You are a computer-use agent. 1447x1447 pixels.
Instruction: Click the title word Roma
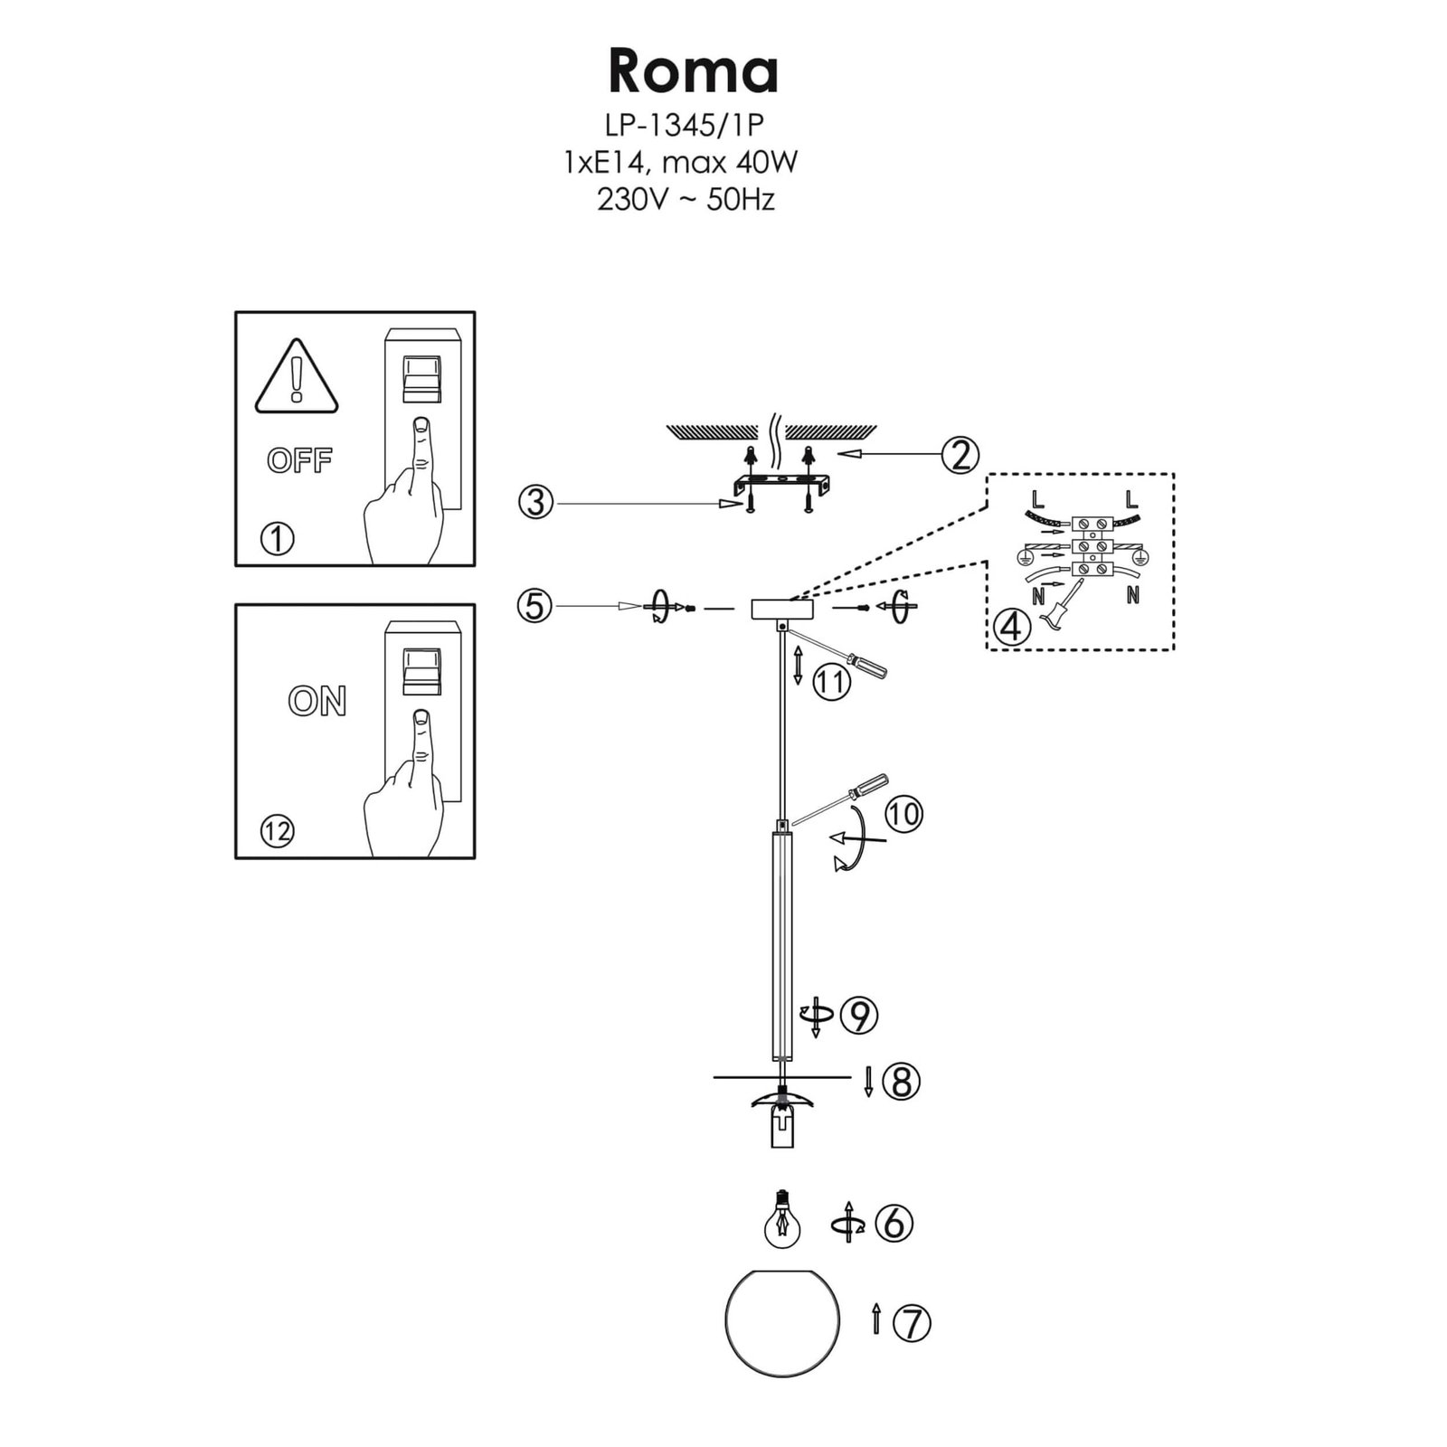693,71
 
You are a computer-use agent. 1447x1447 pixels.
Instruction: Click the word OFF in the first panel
300,460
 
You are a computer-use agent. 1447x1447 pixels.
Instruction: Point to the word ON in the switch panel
317,700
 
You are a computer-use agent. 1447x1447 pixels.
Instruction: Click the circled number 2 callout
960,455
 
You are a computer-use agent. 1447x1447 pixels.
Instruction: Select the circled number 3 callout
536,501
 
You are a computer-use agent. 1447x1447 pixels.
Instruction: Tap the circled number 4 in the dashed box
1011,626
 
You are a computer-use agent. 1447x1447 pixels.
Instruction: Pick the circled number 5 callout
535,605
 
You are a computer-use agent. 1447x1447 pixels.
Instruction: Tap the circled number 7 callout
912,1323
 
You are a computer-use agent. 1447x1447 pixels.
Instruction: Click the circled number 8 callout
901,1082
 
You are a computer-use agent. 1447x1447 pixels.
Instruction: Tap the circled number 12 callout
278,829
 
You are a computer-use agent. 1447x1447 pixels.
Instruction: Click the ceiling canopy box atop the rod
782,609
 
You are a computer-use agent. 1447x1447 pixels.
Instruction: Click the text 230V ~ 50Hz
686,200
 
